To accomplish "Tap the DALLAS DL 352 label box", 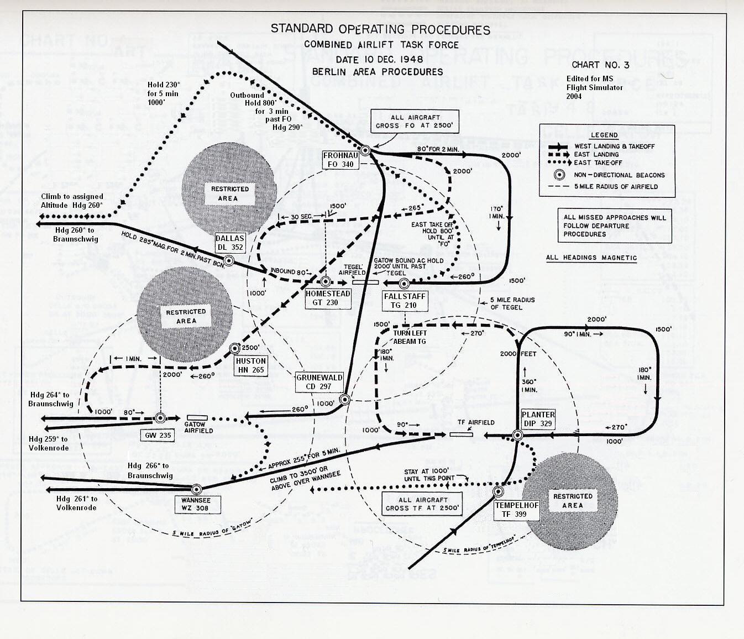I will point(230,243).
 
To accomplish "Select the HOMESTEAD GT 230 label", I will point(328,298).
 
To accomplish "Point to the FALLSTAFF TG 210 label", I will point(405,301).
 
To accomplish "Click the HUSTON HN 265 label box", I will point(251,365).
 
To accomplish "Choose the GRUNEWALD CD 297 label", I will point(319,382).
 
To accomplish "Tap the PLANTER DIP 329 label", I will point(538,419).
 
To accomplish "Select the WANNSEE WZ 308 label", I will point(195,504).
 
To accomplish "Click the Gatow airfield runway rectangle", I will point(197,417).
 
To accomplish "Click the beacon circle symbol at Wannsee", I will point(195,489).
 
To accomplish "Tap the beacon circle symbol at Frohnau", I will point(365,149).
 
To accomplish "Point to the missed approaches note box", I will point(615,226).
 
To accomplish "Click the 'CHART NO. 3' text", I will point(600,65).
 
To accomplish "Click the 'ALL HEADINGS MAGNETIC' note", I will point(591,258).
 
